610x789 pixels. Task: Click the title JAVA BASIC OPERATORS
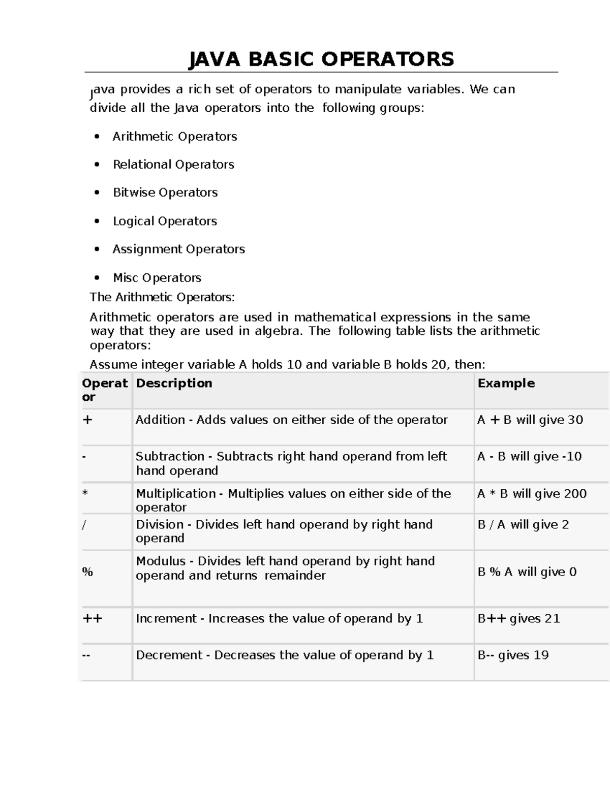click(321, 59)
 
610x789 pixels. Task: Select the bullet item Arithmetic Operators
click(174, 137)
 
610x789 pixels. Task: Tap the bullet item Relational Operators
click(173, 165)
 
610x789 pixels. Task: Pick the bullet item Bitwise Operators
click(165, 193)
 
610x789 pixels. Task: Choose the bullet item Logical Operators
click(165, 221)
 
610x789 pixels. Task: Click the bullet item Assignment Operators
click(178, 249)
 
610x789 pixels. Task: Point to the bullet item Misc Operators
click(157, 278)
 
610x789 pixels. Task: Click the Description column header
click(174, 384)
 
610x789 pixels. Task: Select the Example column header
click(506, 384)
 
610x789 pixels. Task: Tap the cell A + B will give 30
click(530, 420)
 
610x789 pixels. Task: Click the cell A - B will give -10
click(529, 457)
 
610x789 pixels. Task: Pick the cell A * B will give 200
click(532, 494)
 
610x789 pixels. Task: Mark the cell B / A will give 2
click(523, 525)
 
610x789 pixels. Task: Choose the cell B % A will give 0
click(527, 572)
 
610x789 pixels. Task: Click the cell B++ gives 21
click(518, 619)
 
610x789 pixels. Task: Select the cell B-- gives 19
click(513, 655)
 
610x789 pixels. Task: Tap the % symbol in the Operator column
click(87, 572)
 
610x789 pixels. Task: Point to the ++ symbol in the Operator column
click(92, 619)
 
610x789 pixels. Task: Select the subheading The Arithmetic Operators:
click(162, 297)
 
